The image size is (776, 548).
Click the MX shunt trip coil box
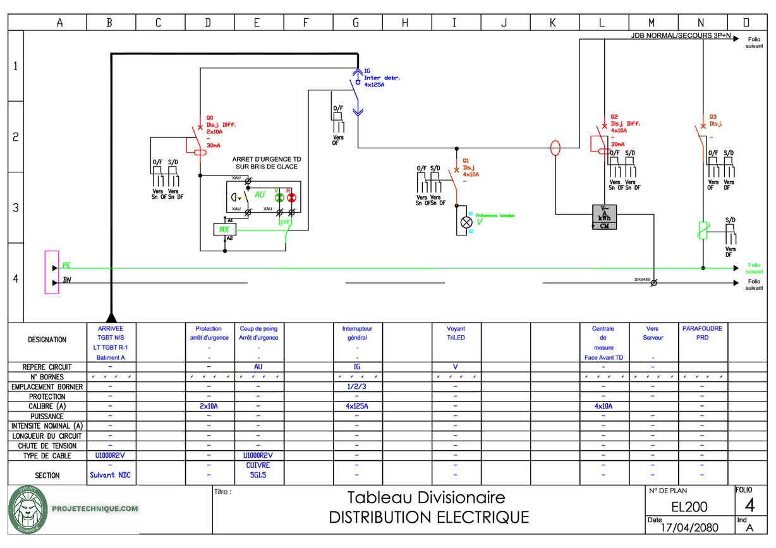pyautogui.click(x=224, y=229)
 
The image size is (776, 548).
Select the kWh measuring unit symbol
pyautogui.click(x=604, y=217)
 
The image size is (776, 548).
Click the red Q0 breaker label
pyautogui.click(x=210, y=117)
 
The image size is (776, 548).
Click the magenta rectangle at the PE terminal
pyautogui.click(x=51, y=272)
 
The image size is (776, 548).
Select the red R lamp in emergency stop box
pyautogui.click(x=291, y=197)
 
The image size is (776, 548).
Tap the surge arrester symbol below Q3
pyautogui.click(x=703, y=231)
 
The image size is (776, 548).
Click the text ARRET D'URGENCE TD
pyautogui.click(x=266, y=160)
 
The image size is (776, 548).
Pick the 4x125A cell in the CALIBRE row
pyautogui.click(x=357, y=407)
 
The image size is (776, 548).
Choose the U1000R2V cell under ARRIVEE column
pyautogui.click(x=111, y=455)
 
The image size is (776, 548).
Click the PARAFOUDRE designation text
pyautogui.click(x=702, y=328)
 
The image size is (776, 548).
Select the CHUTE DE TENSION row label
pyautogui.click(x=47, y=446)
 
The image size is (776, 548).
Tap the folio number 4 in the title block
pyautogui.click(x=749, y=504)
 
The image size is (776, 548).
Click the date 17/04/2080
pyautogui.click(x=689, y=528)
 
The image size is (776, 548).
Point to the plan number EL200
pyautogui.click(x=689, y=506)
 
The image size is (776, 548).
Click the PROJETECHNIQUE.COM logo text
pyautogui.click(x=95, y=508)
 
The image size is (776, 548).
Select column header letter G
pyautogui.click(x=356, y=23)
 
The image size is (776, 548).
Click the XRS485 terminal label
pyautogui.click(x=643, y=279)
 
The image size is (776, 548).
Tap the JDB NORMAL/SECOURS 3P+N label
pyautogui.click(x=681, y=36)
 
